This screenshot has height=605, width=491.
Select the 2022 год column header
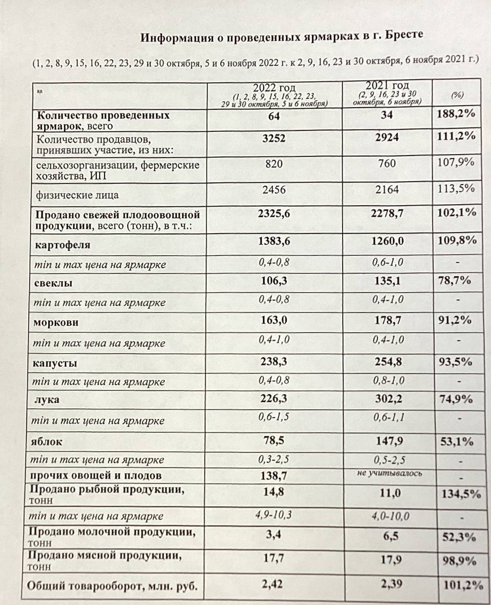274,88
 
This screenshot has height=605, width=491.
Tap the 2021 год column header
387,86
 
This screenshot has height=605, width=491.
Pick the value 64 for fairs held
274,116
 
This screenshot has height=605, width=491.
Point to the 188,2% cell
456,114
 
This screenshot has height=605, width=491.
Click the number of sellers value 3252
274,138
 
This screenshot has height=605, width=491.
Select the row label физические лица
78,195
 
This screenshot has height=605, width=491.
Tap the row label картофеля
62,245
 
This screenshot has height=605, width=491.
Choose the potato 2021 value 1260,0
387,241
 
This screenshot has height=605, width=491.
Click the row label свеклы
53,284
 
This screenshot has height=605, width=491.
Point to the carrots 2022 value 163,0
274,320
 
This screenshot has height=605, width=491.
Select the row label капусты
55,363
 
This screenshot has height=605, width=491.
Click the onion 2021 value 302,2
387,399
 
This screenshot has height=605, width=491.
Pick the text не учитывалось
389,473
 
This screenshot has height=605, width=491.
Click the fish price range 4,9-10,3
274,515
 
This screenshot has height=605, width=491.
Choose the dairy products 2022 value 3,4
274,536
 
